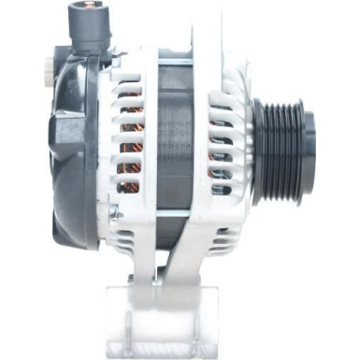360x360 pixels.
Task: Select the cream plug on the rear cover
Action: click(x=50, y=66)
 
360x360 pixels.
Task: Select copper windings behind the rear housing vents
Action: click(x=131, y=140)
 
